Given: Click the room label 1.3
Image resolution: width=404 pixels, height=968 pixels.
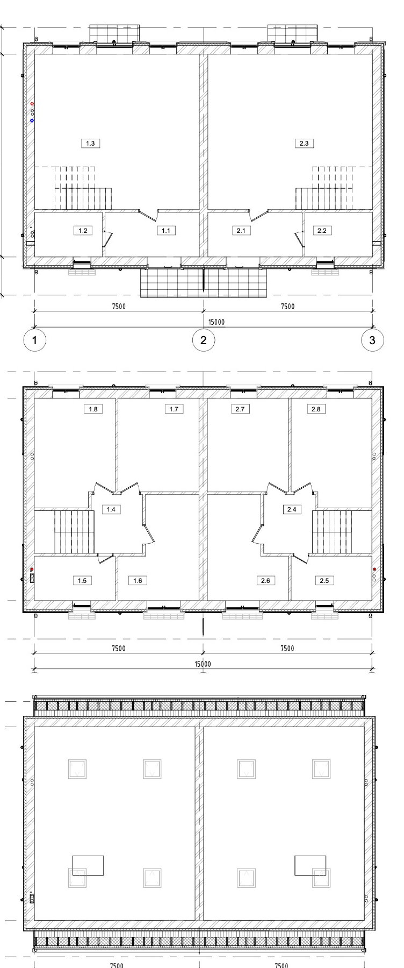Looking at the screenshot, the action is click(90, 143).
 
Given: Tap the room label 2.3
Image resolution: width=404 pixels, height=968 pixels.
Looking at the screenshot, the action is click(305, 143).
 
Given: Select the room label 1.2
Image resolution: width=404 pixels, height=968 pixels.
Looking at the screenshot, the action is click(83, 230).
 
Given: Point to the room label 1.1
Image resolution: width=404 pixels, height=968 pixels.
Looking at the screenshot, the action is click(166, 230).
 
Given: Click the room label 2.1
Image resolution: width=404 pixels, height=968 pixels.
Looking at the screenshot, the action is click(240, 230).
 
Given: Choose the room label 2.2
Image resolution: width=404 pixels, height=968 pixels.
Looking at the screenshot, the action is click(322, 230).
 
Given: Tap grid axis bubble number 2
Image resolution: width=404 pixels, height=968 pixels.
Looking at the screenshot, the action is click(204, 340).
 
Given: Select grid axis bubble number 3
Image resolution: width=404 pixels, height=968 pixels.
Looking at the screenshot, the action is click(373, 340).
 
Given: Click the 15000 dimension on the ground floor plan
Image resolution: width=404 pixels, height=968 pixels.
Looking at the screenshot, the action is click(217, 322).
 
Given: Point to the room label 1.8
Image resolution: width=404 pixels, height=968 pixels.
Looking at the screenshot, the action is click(93, 409).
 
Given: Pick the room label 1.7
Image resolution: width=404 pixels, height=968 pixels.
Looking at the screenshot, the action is click(174, 409).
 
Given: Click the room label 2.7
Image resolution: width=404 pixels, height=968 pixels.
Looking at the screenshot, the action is click(240, 409).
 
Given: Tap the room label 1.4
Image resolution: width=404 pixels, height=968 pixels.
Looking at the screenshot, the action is click(111, 509).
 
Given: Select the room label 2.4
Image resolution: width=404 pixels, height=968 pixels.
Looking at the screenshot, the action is click(291, 509).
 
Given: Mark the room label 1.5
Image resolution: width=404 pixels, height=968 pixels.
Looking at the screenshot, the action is click(82, 580).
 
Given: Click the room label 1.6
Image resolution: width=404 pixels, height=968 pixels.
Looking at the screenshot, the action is click(138, 580).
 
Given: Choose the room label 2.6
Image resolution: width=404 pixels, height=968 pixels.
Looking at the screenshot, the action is click(265, 580).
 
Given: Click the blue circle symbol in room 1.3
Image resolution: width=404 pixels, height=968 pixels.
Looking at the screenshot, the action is click(32, 120).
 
